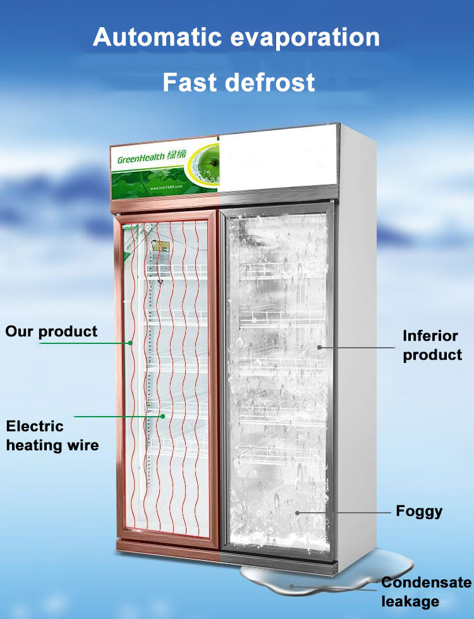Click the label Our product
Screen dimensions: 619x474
52,331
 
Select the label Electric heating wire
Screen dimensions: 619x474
52,435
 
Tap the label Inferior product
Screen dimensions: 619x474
432,345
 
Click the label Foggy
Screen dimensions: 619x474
419,510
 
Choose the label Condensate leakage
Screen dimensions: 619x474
425,591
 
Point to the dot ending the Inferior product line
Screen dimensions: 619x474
320,346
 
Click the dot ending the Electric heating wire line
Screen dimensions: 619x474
163,416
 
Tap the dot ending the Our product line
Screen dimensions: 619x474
130,343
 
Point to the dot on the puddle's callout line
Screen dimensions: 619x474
292,585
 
